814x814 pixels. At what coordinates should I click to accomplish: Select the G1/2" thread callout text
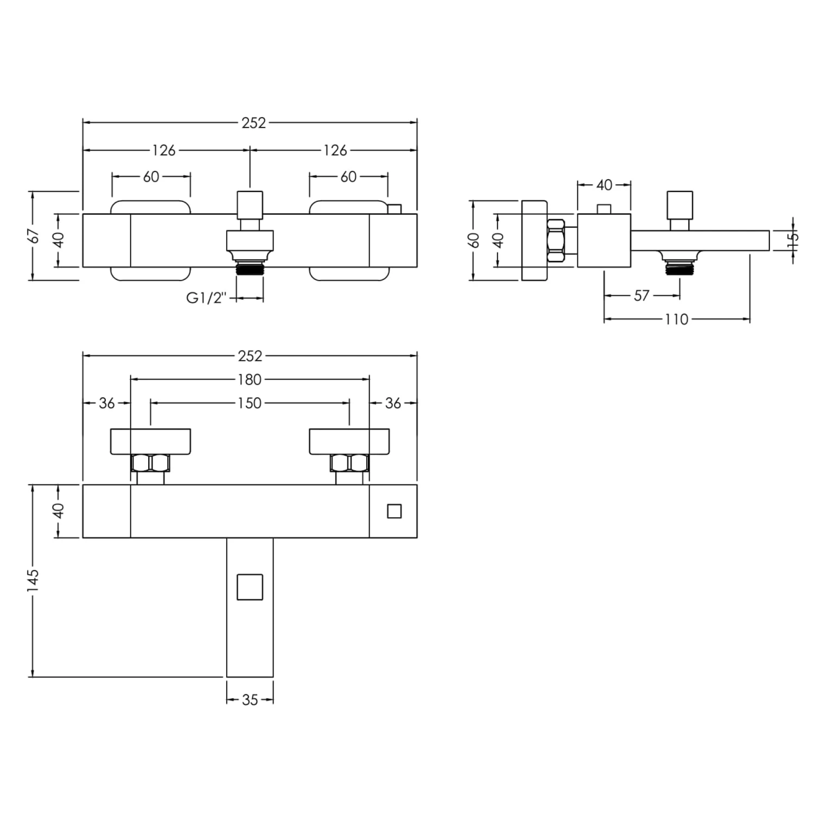[205, 298]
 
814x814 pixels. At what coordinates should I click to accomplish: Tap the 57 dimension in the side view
[641, 296]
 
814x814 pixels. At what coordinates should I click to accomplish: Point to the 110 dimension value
[677, 319]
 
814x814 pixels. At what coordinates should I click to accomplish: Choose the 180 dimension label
[250, 380]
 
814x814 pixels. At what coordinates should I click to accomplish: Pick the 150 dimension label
[250, 403]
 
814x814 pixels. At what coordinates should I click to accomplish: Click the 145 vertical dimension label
[34, 580]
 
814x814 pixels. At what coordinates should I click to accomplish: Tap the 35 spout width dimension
[250, 700]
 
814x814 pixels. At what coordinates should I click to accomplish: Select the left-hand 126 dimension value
[164, 150]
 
